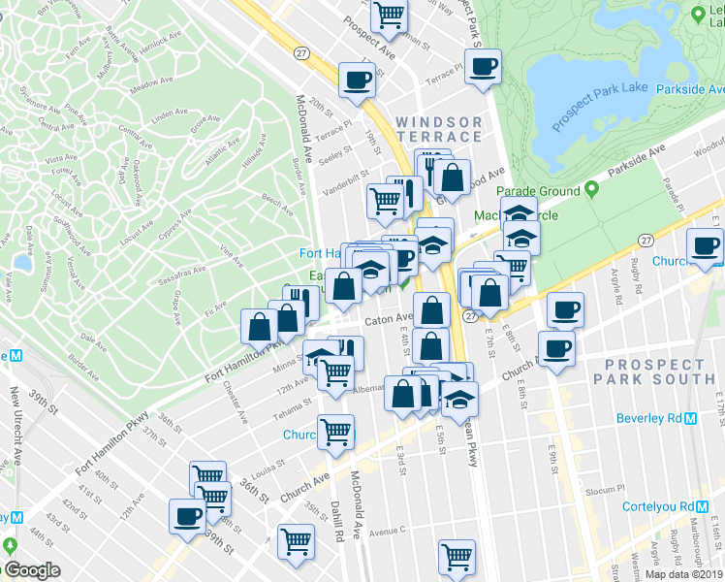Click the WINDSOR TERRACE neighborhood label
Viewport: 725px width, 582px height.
(x=439, y=129)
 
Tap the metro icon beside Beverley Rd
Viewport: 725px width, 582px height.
(x=691, y=419)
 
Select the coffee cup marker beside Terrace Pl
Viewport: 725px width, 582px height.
(x=483, y=68)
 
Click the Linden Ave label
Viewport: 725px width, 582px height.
(x=169, y=114)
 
